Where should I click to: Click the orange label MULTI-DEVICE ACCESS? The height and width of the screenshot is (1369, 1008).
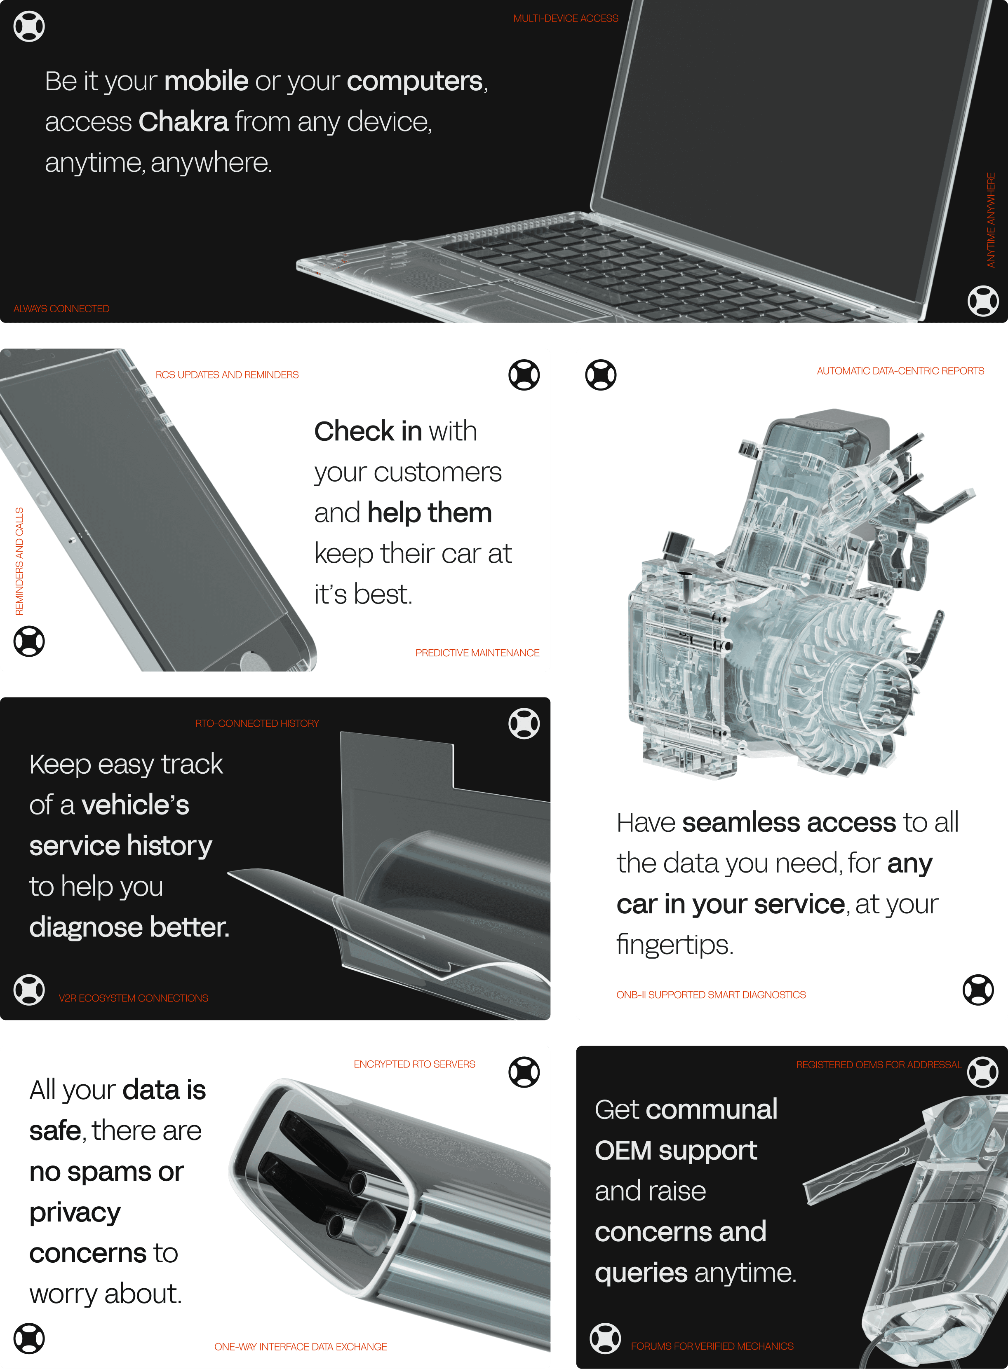(x=566, y=18)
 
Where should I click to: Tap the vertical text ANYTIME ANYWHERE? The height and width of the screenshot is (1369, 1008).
(x=991, y=220)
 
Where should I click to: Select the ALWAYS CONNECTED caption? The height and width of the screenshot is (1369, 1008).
(x=61, y=309)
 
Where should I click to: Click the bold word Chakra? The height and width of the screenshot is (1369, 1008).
(x=183, y=122)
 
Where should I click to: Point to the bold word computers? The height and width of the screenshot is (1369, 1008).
(x=415, y=81)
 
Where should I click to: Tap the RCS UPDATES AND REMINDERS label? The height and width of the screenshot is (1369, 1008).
(x=227, y=374)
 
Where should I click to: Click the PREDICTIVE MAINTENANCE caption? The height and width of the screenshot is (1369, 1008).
(x=477, y=653)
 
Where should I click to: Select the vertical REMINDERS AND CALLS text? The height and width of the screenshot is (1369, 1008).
(x=19, y=561)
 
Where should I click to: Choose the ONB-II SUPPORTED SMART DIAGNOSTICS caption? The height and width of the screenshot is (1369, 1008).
(x=711, y=995)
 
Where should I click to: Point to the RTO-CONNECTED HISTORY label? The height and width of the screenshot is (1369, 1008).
(x=257, y=723)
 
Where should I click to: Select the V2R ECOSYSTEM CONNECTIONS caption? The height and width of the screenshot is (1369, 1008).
(x=133, y=998)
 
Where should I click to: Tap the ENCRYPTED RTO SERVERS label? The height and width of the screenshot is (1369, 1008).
(x=414, y=1064)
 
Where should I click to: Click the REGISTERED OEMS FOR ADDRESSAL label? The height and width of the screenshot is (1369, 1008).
(x=879, y=1065)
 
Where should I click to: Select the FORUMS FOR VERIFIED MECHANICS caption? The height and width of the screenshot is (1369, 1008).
(x=712, y=1346)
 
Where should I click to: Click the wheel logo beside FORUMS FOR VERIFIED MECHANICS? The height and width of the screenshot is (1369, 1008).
(x=605, y=1339)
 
